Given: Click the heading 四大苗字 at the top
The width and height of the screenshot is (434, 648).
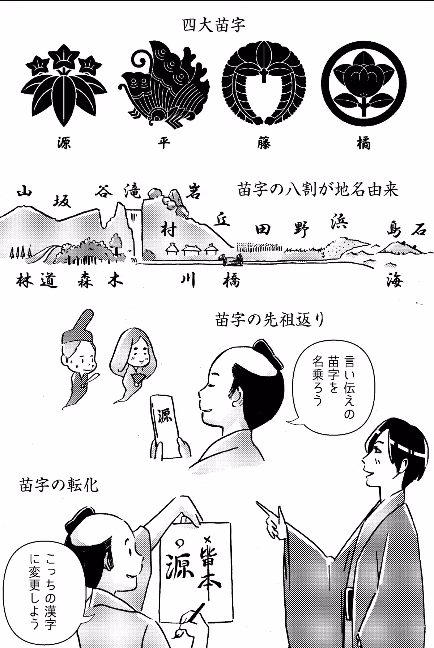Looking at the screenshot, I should [x=214, y=25].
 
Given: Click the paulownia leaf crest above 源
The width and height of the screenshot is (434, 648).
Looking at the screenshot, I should [x=64, y=87].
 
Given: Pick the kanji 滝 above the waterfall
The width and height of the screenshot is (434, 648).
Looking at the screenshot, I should [x=132, y=190].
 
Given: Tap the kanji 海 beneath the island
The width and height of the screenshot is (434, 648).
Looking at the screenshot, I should [x=394, y=279].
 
